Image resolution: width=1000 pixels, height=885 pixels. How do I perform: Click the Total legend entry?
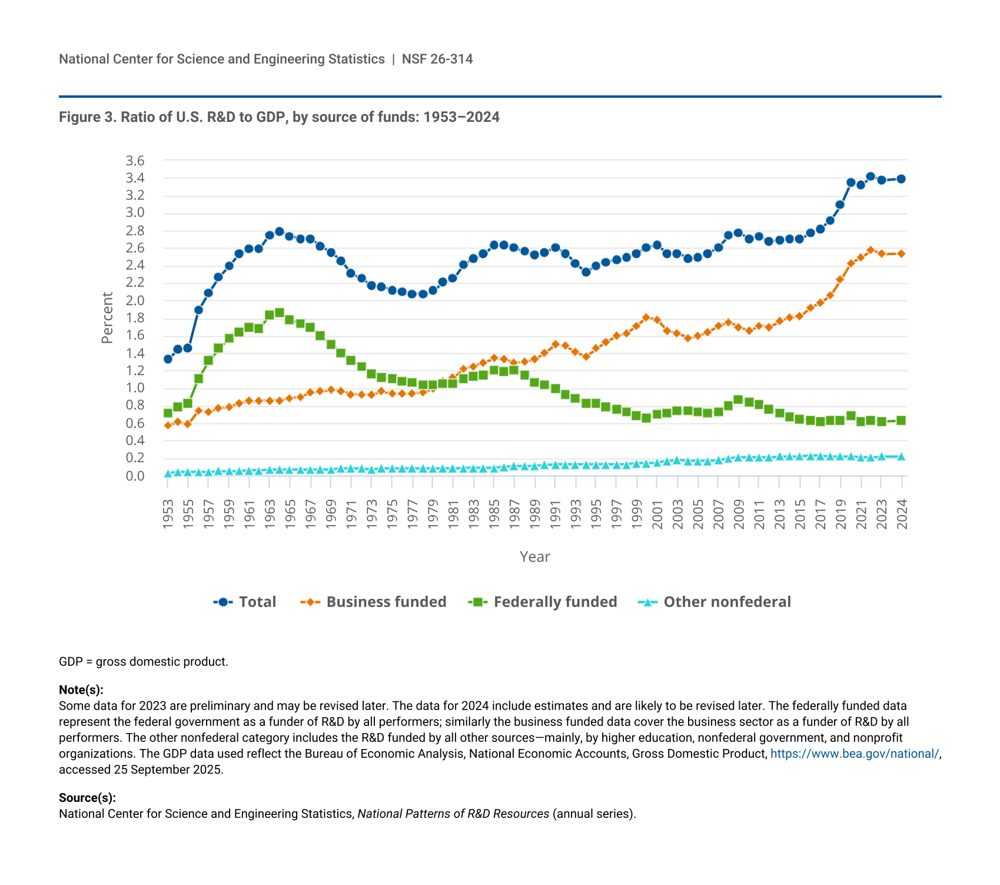[245, 602]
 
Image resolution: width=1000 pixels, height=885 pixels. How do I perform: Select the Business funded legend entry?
[374, 602]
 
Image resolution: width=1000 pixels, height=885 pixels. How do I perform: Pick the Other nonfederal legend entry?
[715, 602]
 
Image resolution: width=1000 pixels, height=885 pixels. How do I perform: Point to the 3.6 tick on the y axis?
[135, 161]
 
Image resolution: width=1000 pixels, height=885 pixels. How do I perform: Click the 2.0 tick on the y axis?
[135, 301]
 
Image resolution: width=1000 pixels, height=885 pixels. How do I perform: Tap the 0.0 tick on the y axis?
[135, 476]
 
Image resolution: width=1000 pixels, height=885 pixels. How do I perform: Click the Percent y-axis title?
[107, 318]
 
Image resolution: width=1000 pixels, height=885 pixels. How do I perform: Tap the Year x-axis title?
[534, 557]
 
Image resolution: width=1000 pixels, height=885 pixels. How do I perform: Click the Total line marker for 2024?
[901, 179]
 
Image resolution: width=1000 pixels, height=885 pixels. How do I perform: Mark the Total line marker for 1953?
[168, 359]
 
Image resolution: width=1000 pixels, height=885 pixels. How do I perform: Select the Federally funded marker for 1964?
[280, 313]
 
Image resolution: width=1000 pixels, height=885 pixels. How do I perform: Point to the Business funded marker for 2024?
[901, 254]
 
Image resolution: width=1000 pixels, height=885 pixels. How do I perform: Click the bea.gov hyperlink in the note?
[855, 754]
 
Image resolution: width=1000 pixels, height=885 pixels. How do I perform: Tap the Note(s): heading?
[81, 690]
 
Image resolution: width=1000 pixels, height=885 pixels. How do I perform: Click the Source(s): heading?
[87, 798]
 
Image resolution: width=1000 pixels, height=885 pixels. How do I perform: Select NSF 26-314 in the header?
[437, 59]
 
